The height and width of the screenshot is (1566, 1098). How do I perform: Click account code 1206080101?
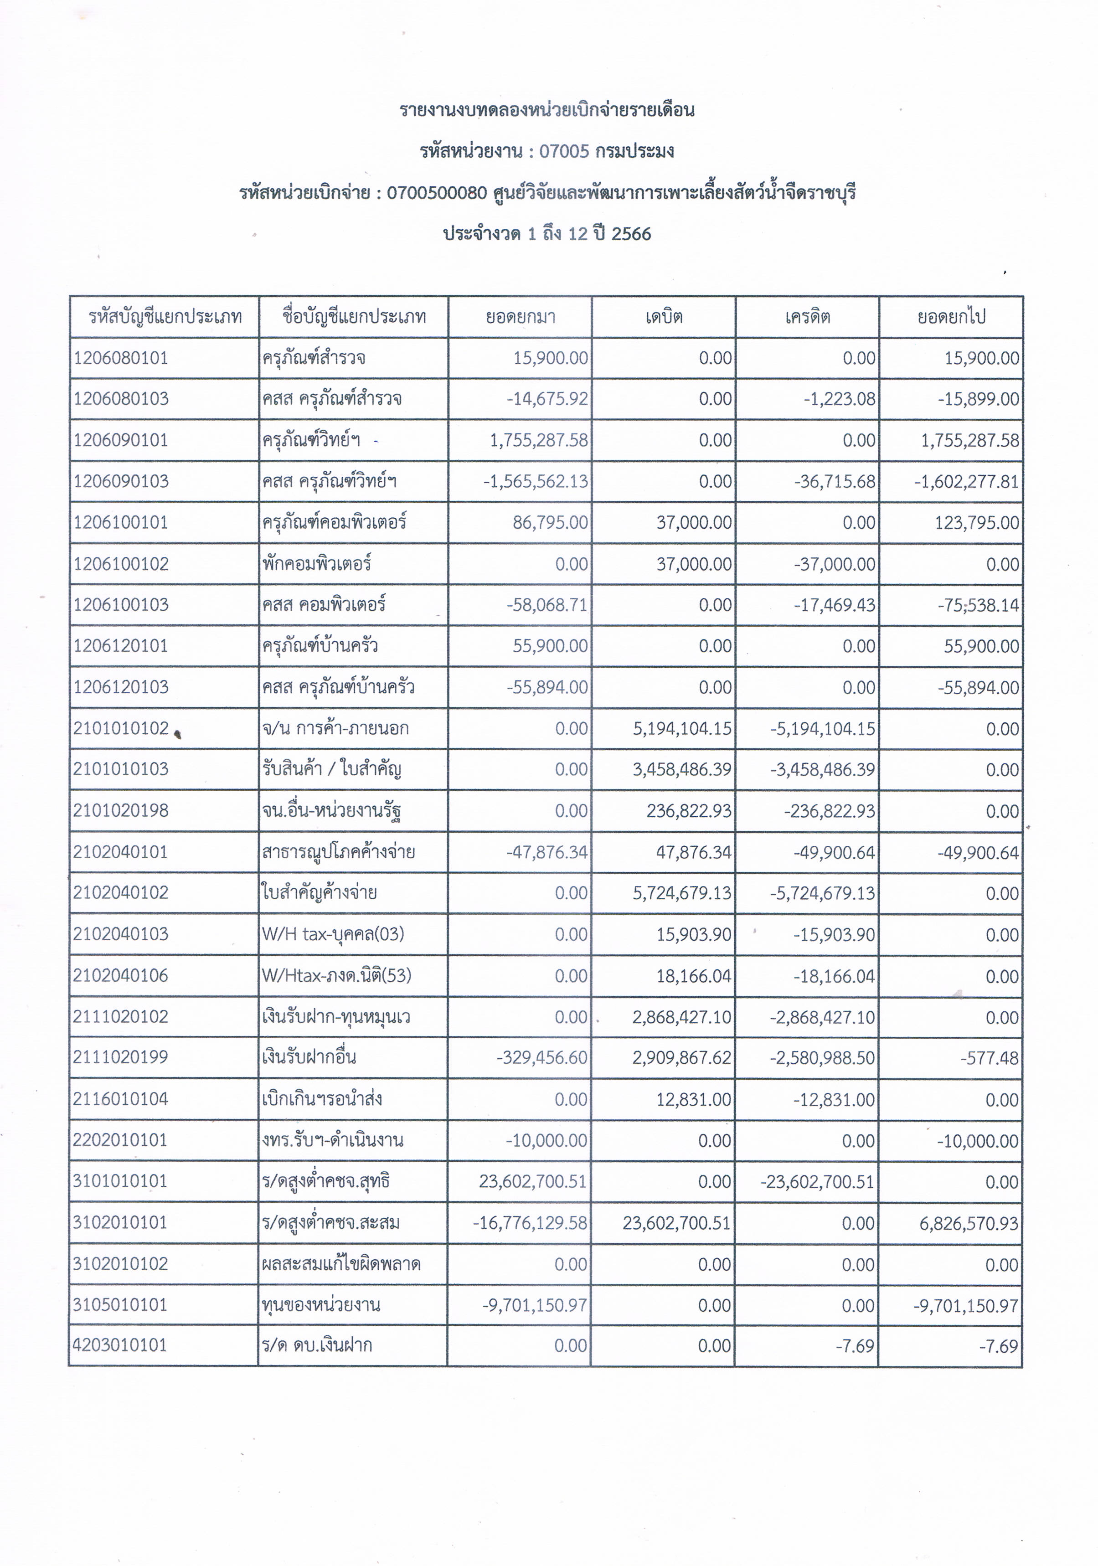coord(121,358)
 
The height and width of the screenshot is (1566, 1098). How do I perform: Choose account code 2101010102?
coord(121,728)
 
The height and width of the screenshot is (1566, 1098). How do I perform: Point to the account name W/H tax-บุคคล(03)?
coord(333,934)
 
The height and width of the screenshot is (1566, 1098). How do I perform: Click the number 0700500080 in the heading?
coord(437,193)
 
